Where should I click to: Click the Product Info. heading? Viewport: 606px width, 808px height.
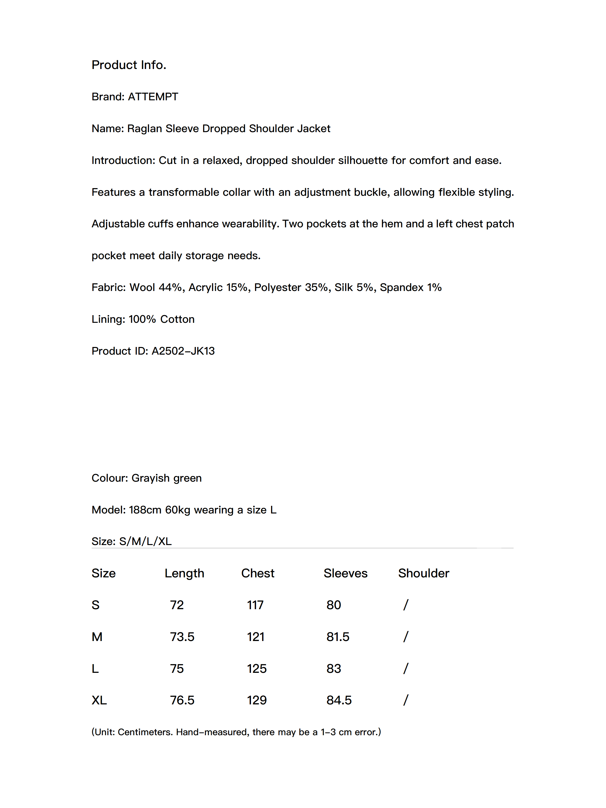[129, 65]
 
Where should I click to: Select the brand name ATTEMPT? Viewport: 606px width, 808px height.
[153, 97]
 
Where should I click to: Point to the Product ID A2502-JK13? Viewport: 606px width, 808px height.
[183, 351]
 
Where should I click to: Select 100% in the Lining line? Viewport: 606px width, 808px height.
[142, 319]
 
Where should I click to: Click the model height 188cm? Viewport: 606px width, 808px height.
[145, 510]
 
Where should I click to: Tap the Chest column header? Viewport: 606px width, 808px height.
[258, 573]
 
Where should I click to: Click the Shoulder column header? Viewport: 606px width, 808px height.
[423, 573]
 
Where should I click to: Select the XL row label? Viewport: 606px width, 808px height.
[99, 700]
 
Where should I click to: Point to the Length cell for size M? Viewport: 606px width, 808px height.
[182, 637]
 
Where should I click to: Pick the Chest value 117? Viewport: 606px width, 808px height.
[255, 605]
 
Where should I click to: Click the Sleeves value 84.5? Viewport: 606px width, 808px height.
[339, 700]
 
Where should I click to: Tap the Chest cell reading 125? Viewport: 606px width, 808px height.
[257, 668]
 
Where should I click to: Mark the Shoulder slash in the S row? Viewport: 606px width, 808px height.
[405, 605]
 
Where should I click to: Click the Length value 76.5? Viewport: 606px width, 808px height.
[182, 700]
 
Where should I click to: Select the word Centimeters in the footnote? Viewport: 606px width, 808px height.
[145, 732]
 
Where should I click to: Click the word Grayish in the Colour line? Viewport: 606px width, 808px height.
[150, 478]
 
